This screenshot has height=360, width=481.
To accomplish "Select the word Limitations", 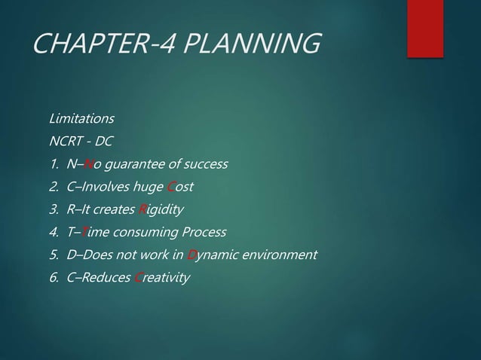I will point(81,119).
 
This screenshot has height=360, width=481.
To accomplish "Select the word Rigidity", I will point(161,209).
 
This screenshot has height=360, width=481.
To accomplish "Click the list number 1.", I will point(52,164).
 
